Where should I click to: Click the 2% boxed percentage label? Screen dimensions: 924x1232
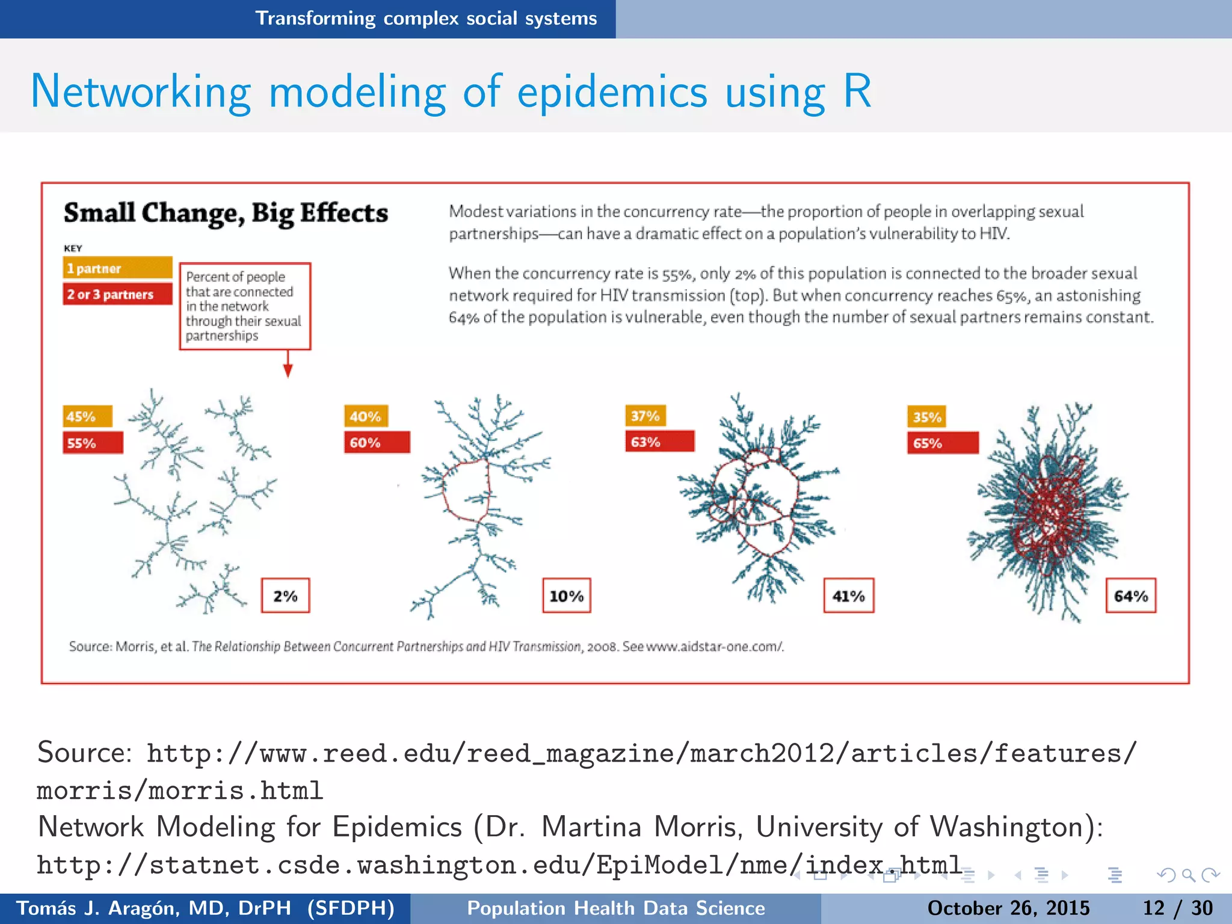click(285, 596)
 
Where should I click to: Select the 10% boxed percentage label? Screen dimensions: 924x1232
click(567, 596)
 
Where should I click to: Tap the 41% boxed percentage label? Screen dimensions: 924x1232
click(848, 596)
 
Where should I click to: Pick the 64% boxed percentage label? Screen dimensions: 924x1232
click(1131, 596)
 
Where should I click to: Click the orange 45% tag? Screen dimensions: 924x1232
click(87, 416)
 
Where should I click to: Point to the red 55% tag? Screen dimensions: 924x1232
click(93, 443)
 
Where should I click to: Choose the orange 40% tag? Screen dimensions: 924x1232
click(366, 416)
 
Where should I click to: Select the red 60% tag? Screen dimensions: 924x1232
click(377, 442)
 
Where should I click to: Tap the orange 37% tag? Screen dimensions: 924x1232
click(645, 416)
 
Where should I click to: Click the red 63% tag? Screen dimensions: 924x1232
click(659, 442)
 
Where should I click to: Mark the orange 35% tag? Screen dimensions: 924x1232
click(926, 417)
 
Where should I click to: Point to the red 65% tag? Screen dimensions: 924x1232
click(942, 443)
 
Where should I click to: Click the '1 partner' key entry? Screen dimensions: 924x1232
click(117, 268)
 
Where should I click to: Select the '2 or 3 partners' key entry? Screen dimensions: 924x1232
click(117, 294)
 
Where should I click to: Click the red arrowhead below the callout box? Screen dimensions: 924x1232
click(288, 371)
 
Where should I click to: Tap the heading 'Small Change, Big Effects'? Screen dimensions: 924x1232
click(226, 213)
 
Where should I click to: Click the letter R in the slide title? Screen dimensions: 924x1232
click(857, 91)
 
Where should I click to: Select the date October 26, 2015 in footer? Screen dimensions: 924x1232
click(1008, 908)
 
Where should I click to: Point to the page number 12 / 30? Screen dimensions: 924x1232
click(1177, 908)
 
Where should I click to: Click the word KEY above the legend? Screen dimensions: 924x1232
click(73, 248)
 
